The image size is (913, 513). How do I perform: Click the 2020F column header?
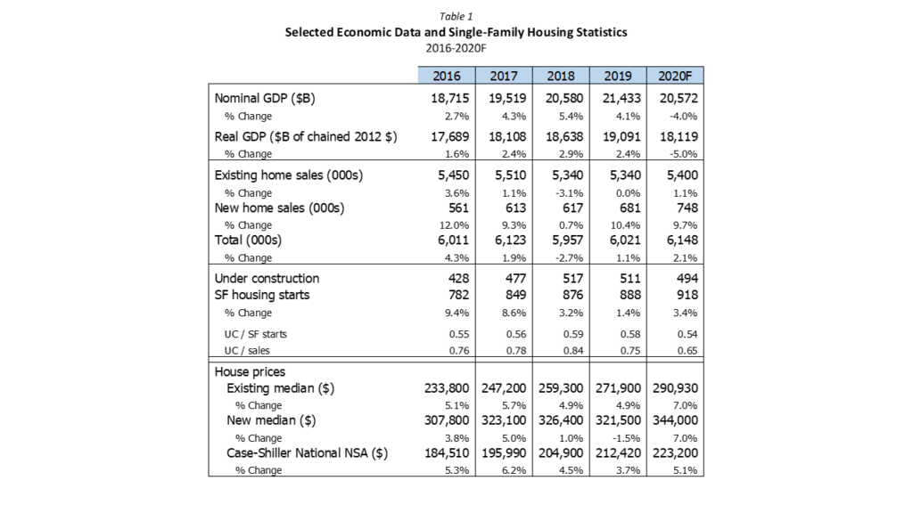coord(675,77)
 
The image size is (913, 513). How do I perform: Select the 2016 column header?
coord(447,77)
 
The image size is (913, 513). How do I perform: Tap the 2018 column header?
coord(561,77)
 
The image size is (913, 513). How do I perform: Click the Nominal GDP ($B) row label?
coord(265,98)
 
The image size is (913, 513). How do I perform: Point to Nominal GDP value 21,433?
coord(621,98)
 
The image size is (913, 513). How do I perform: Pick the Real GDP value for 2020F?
coord(679,136)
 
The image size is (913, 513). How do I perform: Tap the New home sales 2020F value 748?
coord(687,208)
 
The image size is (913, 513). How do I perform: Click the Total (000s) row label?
coord(248,240)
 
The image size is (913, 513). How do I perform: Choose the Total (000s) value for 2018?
coord(564,240)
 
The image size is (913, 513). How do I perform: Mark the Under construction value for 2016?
coord(458,279)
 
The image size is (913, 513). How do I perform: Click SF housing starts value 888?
coord(630,295)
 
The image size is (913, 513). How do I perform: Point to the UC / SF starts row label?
coord(256,335)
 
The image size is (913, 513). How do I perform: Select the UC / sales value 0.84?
coord(573,351)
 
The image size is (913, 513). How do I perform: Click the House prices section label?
coord(250,371)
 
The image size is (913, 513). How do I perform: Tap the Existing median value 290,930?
coord(676,388)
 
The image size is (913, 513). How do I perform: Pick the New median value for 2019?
coord(619,420)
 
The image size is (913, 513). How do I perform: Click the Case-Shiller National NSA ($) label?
coord(307,453)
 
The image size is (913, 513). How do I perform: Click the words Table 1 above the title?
coord(456,16)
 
